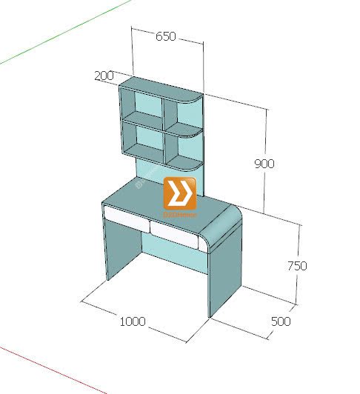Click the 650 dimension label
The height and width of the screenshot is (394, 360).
(165, 36)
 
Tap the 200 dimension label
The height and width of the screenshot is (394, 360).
(104, 76)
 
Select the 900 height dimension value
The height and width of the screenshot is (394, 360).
(264, 164)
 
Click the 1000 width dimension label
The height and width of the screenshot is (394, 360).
(133, 321)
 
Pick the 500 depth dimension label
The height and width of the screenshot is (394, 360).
(281, 321)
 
